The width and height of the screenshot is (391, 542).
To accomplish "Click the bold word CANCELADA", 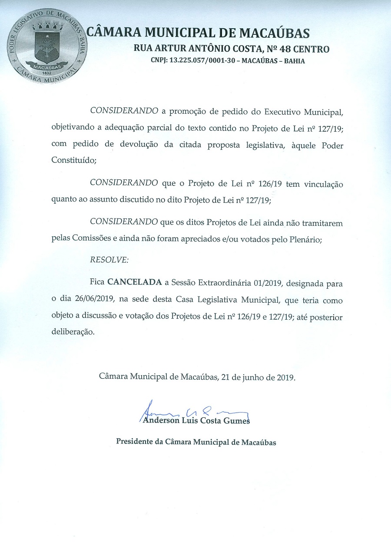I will pyautogui.click(x=134, y=282).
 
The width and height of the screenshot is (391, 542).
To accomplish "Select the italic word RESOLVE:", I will pyautogui.click(x=109, y=260).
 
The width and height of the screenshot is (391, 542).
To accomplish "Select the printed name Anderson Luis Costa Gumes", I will pyautogui.click(x=196, y=420).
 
